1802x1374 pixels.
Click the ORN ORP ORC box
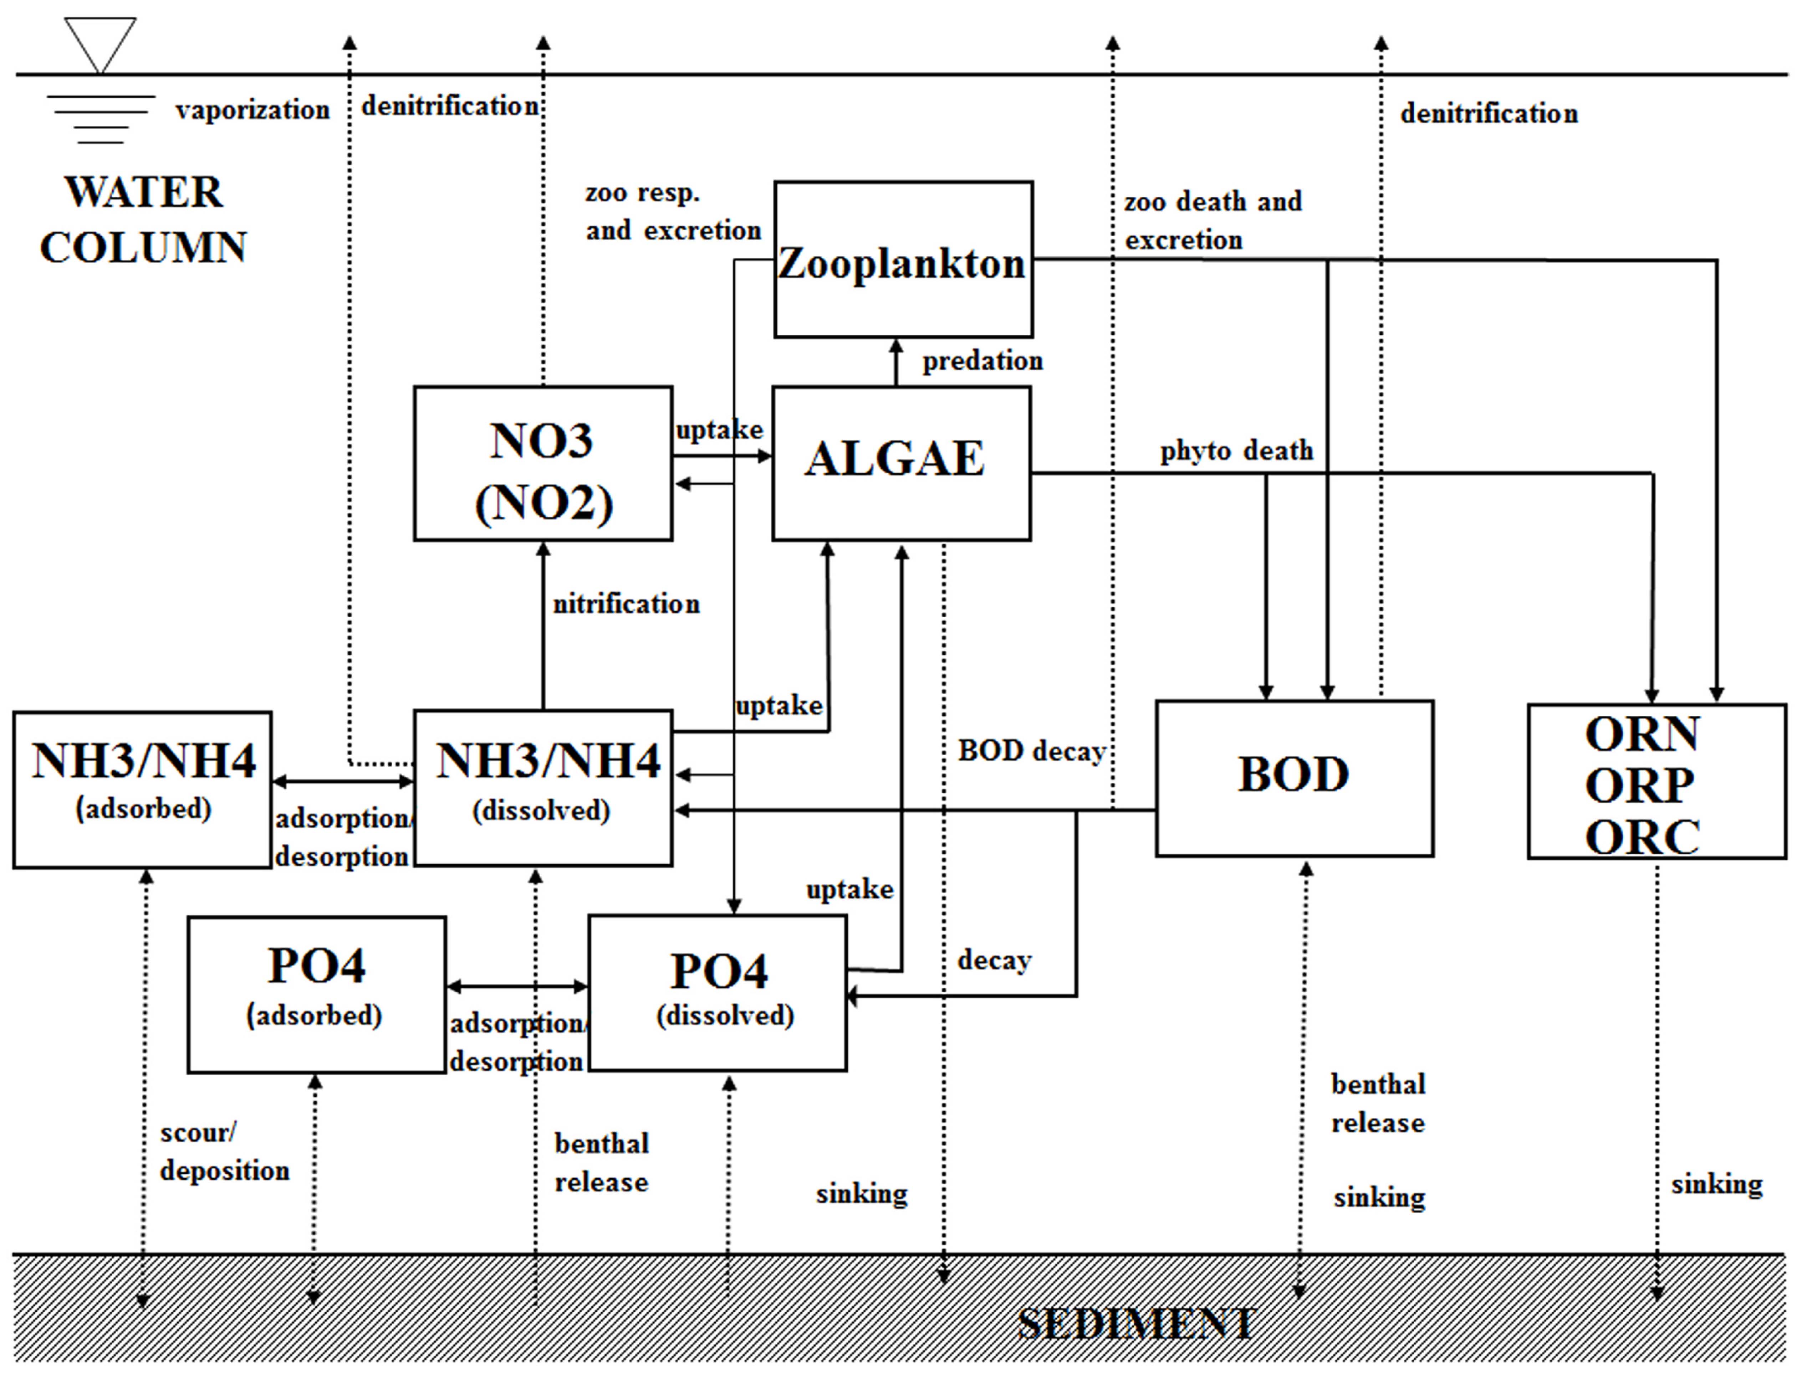pyautogui.click(x=1656, y=781)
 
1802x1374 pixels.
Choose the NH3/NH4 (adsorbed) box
pyautogui.click(x=142, y=789)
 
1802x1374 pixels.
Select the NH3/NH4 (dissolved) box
pyautogui.click(x=542, y=788)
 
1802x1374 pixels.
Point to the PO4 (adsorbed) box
pyautogui.click(x=317, y=994)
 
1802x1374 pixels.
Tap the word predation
pyautogui.click(x=982, y=361)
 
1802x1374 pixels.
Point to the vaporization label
pyautogui.click(x=252, y=109)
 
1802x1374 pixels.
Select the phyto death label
pyautogui.click(x=1236, y=451)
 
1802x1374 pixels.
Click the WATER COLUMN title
pyautogui.click(x=143, y=219)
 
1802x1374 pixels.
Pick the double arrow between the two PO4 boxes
pyautogui.click(x=517, y=986)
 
